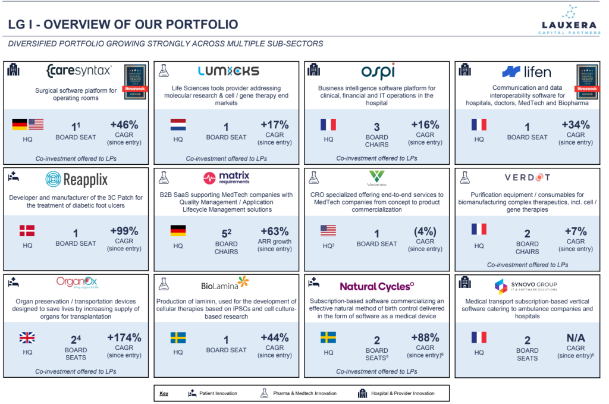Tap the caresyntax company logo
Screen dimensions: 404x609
[79, 71]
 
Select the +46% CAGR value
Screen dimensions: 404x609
[124, 125]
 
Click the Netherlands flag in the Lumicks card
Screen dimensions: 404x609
[178, 125]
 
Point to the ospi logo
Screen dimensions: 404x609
[378, 71]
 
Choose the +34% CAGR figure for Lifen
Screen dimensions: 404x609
[575, 125]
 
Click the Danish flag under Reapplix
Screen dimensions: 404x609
[27, 230]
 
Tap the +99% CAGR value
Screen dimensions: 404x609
[124, 231]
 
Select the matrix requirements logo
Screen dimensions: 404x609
[227, 178]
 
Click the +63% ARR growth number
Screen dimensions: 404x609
[274, 231]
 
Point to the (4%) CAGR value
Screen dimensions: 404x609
[425, 231]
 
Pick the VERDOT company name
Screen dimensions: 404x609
[527, 178]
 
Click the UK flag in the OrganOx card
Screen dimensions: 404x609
[27, 337]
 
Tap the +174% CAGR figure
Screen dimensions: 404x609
[124, 337]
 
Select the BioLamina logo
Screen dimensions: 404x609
[225, 284]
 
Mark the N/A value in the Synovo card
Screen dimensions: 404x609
[575, 337]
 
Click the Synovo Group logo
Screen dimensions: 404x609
[526, 286]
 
